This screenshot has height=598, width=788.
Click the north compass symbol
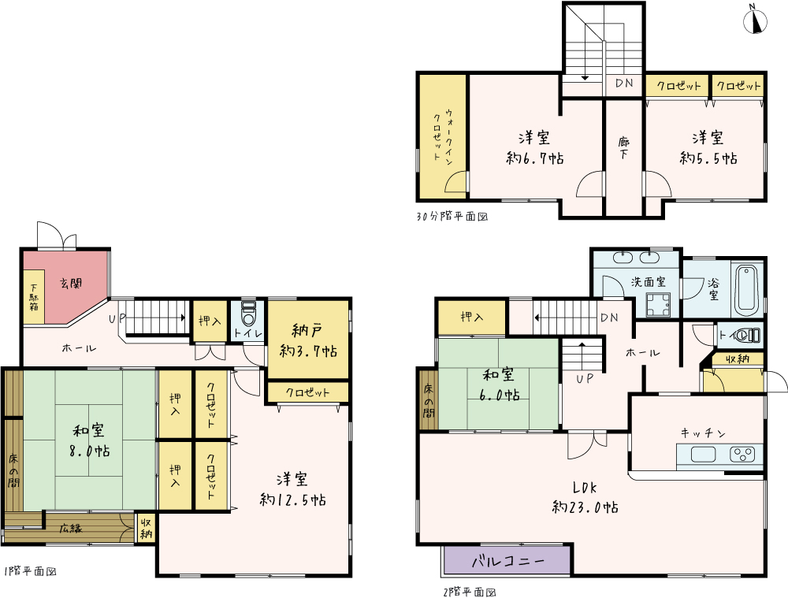(755, 19)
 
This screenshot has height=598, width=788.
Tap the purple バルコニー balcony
(507, 560)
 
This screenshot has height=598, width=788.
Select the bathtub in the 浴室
(747, 289)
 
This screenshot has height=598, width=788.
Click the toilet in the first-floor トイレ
(248, 314)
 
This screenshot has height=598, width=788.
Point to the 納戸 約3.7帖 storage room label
(308, 340)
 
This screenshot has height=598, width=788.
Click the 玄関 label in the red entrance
(71, 284)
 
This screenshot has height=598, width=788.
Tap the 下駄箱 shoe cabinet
(34, 297)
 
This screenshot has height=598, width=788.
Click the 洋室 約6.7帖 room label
(535, 148)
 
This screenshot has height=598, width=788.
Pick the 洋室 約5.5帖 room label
(708, 148)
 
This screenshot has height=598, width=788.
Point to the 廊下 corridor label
(623, 148)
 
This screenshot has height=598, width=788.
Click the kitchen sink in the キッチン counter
(703, 455)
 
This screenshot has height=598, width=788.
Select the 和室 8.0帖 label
(90, 440)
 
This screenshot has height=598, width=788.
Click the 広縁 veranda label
(71, 528)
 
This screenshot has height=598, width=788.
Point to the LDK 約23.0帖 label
(585, 497)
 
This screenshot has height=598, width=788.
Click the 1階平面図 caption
(29, 571)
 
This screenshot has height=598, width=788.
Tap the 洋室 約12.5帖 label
(292, 489)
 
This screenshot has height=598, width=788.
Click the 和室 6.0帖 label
(499, 384)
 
